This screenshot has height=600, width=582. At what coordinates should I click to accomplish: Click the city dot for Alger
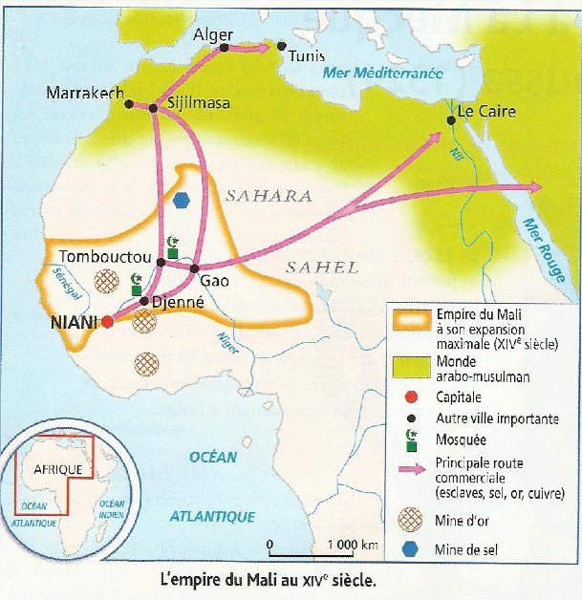pyautogui.click(x=224, y=46)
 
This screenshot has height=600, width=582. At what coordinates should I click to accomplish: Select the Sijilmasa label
pyautogui.click(x=198, y=103)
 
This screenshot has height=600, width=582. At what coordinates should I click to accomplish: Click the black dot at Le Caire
pyautogui.click(x=450, y=120)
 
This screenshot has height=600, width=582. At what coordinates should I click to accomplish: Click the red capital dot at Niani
pyautogui.click(x=107, y=322)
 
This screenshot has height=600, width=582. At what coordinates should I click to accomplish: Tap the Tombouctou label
pyautogui.click(x=104, y=257)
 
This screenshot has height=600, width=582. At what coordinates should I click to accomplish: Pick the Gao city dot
pyautogui.click(x=193, y=268)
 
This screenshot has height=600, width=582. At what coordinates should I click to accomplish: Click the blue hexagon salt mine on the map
pyautogui.click(x=183, y=201)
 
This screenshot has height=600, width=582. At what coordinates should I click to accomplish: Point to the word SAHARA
pyautogui.click(x=269, y=195)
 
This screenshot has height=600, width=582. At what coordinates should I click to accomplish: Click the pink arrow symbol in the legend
pyautogui.click(x=412, y=469)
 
